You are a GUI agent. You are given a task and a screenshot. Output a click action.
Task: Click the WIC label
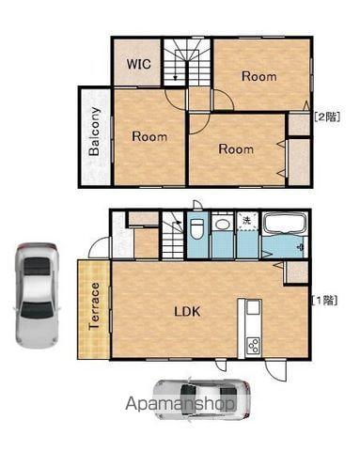[139, 64]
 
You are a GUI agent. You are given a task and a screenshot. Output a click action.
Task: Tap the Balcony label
[94, 132]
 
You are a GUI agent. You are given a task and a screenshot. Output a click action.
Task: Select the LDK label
[187, 311]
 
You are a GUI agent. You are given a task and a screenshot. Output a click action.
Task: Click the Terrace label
[94, 306]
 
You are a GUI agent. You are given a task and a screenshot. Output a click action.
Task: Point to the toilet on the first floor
[197, 228]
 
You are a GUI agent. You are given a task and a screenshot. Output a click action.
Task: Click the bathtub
[285, 224]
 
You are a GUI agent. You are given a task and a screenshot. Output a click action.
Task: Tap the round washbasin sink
[222, 225]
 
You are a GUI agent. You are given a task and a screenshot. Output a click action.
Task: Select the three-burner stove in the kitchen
[253, 345]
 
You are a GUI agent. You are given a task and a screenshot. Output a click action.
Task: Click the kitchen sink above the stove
[254, 306]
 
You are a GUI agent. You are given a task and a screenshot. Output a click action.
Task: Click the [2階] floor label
[327, 117]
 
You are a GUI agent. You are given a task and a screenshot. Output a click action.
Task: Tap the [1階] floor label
[325, 301]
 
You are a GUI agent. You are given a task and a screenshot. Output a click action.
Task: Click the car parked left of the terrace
[37, 295]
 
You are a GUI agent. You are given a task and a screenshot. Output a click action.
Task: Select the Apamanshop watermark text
[180, 404]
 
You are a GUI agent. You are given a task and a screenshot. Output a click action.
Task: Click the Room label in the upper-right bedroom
[259, 76]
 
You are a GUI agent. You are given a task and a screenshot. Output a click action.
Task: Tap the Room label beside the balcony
[149, 136]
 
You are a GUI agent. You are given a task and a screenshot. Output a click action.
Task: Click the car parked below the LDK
[202, 400]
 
